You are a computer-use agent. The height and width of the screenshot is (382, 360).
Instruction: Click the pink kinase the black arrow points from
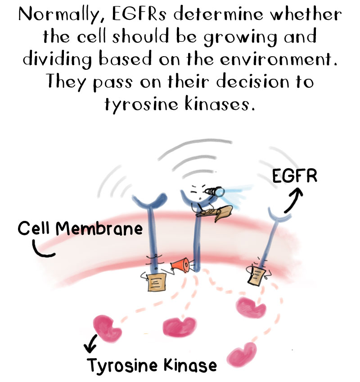(104, 326)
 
